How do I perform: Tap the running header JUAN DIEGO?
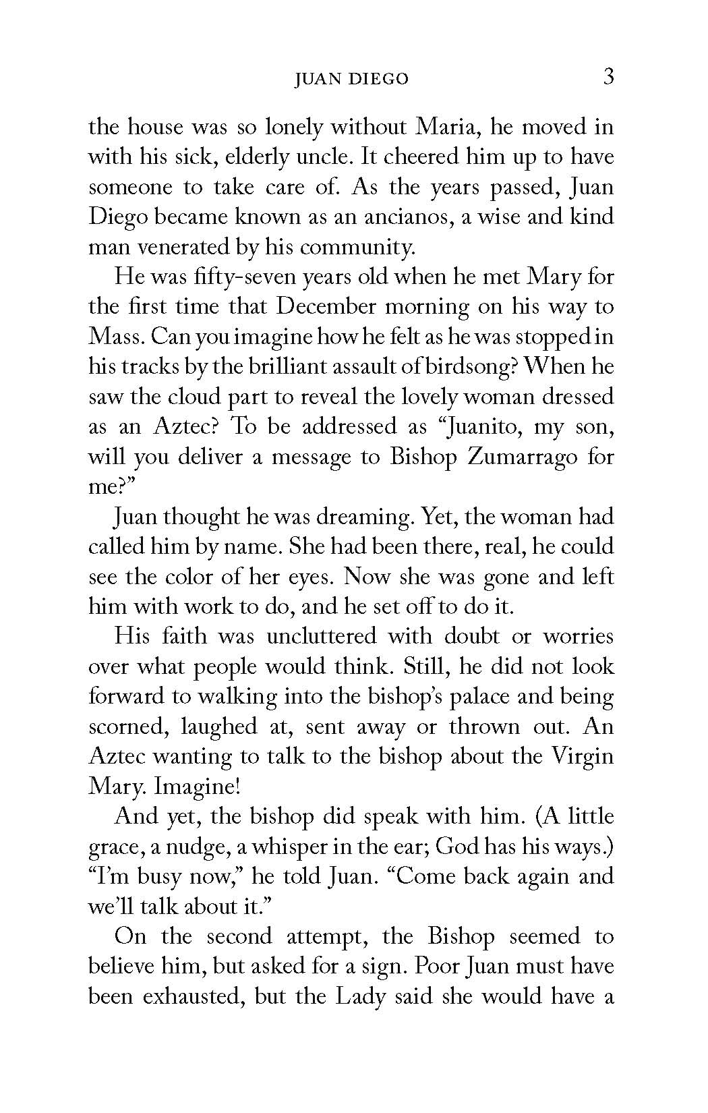tap(352, 79)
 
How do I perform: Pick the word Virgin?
tap(582, 756)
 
